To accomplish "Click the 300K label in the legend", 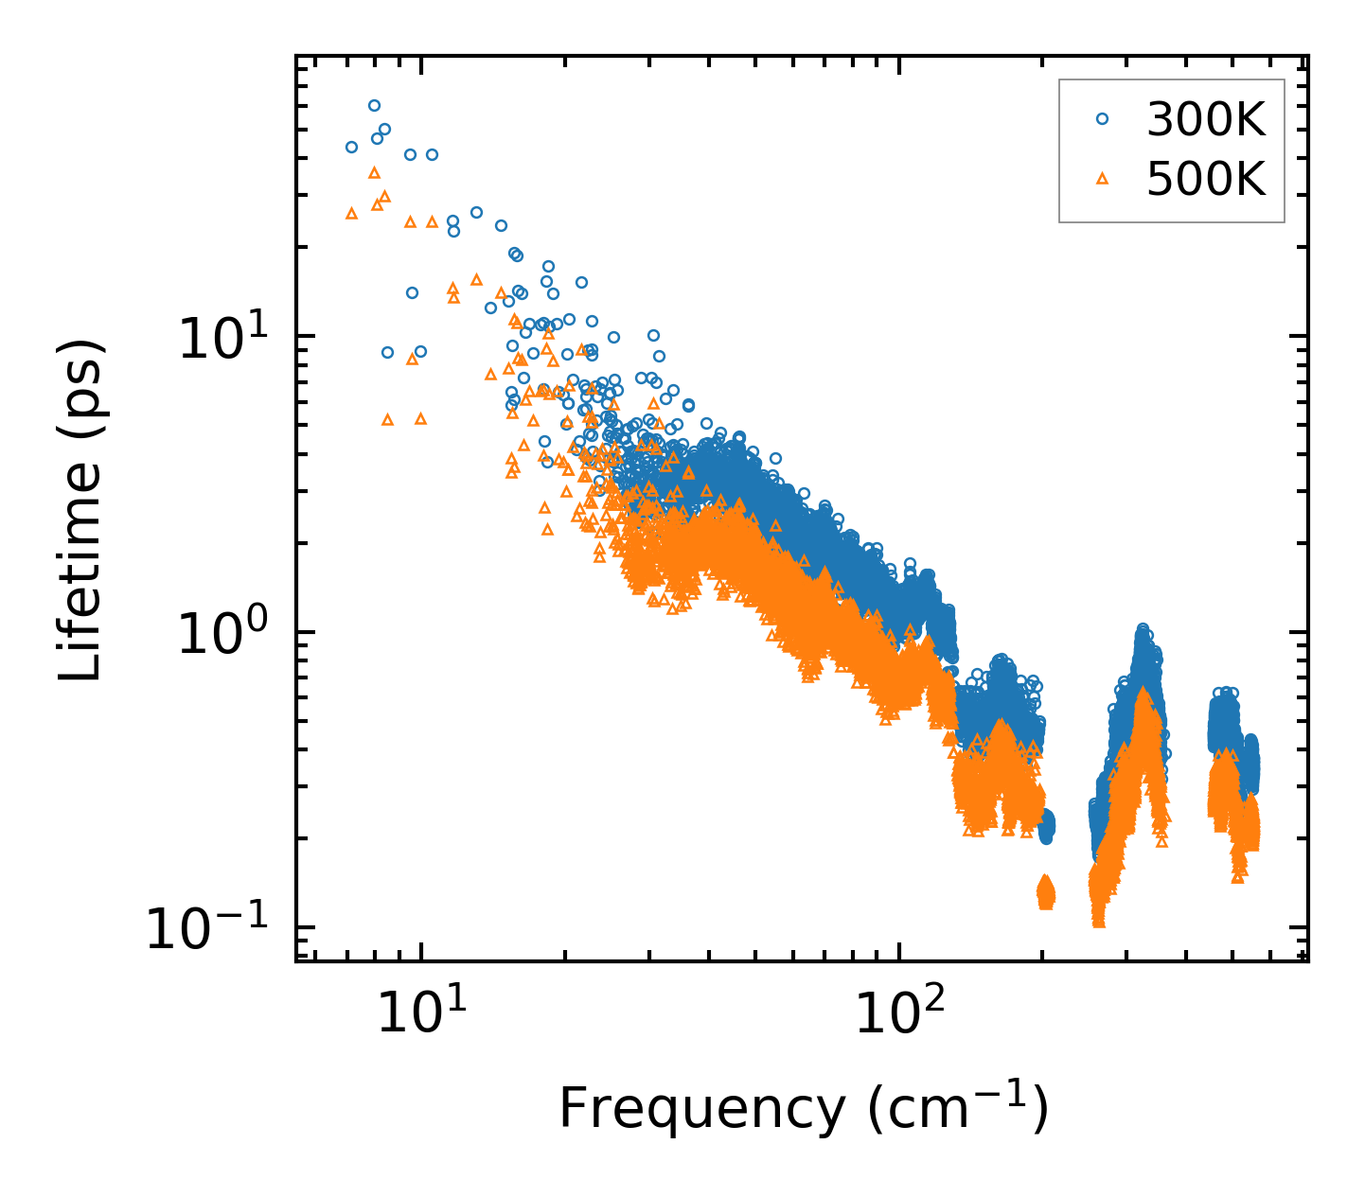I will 1205,120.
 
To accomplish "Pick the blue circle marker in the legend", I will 1101,119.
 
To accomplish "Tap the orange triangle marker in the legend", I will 1101,177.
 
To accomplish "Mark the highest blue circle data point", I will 374,106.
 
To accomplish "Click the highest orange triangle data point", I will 374,172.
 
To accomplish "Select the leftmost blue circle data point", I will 351,147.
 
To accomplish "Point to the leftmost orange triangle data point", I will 351,214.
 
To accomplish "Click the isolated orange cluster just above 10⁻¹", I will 1045,891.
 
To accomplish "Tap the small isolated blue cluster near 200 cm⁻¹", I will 1046,828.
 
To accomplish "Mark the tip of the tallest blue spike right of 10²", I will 1143,629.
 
